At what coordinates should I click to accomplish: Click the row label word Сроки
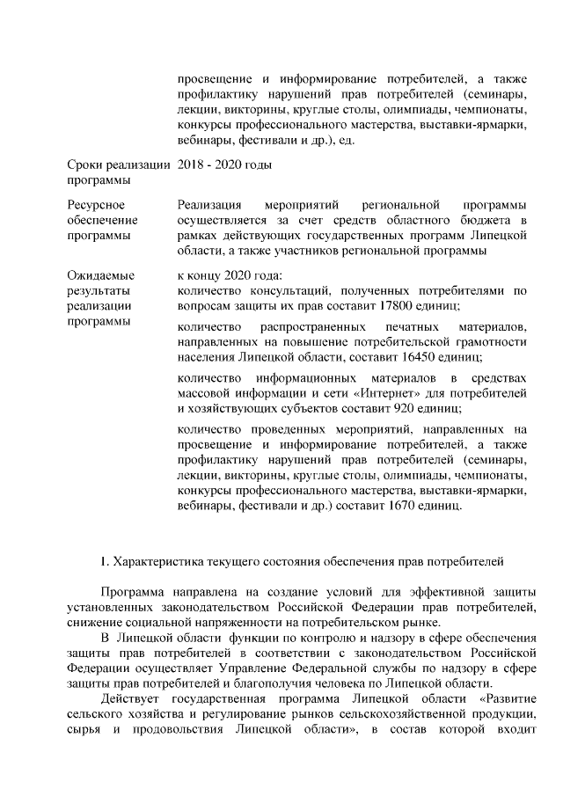tap(86, 164)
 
